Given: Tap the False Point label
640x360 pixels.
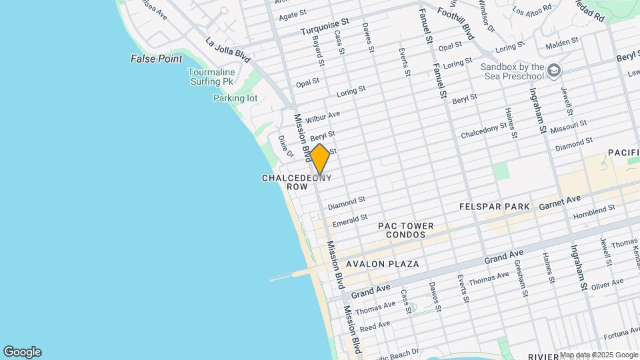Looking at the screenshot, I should [x=156, y=59].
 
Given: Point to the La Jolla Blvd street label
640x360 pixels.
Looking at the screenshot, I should [x=228, y=50].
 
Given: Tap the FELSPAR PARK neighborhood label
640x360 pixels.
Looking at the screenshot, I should [x=494, y=207].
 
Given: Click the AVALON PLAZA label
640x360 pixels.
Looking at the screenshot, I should [x=382, y=264].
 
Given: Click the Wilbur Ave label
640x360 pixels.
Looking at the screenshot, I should [x=323, y=117].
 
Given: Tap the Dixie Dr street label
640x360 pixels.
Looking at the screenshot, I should [x=285, y=146].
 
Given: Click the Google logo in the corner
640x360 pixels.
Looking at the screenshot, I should [x=22, y=351].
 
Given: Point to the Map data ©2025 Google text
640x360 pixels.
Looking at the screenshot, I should [x=598, y=355].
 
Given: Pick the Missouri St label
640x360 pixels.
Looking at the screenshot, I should [x=570, y=125].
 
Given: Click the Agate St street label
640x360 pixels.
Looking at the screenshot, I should [x=293, y=15].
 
